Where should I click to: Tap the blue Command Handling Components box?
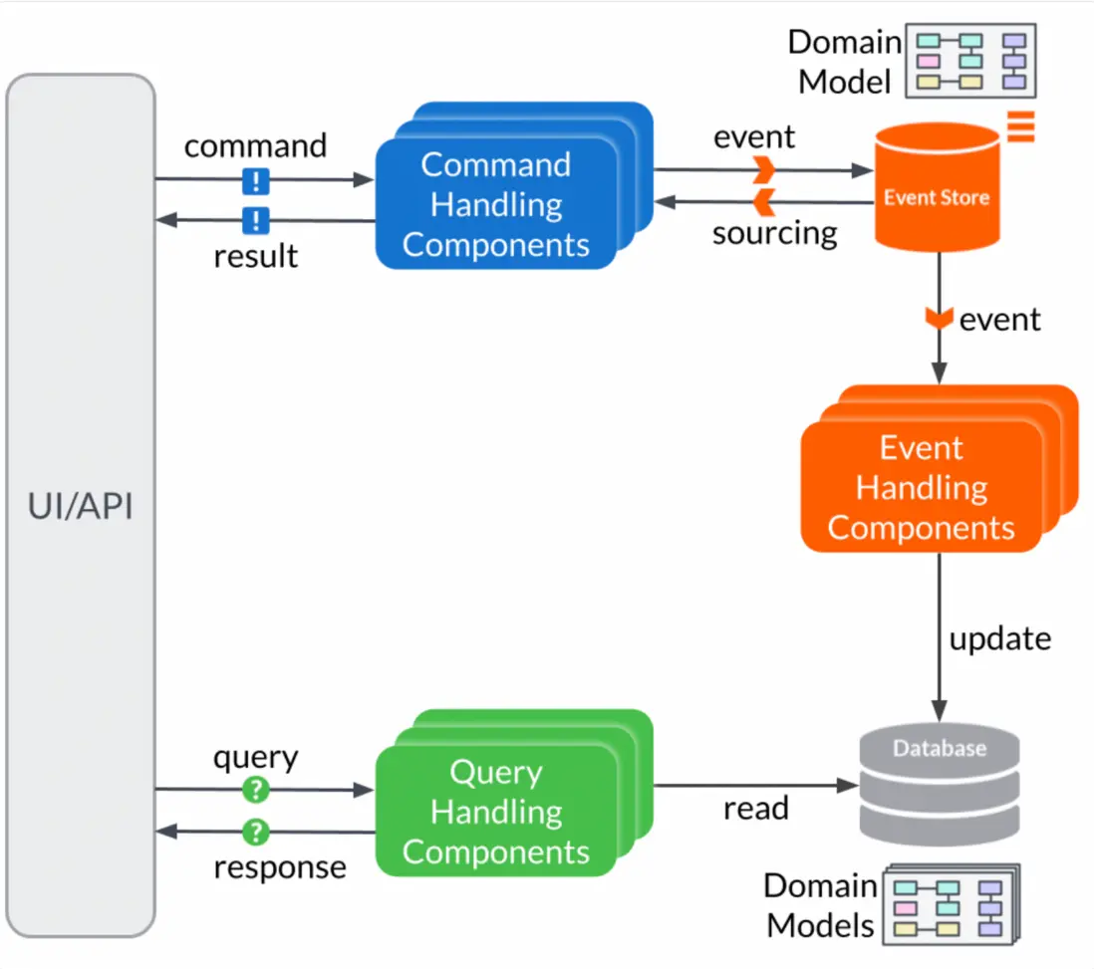(495, 204)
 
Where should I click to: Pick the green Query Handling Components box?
(495, 812)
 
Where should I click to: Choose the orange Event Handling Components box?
(921, 488)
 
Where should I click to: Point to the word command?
(255, 145)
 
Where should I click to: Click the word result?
(255, 256)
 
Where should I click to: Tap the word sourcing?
(774, 233)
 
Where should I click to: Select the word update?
(999, 638)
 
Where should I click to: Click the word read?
(755, 808)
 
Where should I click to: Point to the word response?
(280, 866)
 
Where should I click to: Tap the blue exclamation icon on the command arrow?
(256, 180)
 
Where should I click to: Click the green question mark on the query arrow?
(256, 790)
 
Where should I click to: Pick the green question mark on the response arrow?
(256, 831)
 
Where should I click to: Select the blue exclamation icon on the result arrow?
(256, 220)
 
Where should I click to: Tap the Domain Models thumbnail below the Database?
(955, 904)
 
